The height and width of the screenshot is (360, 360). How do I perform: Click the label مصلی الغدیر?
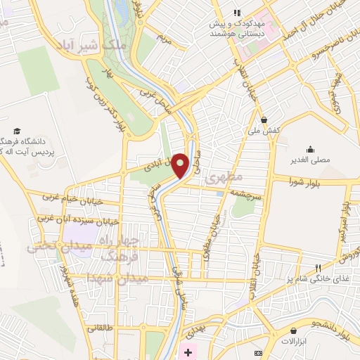pos(310,160)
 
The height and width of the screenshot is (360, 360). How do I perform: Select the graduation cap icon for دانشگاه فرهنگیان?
pos(15,131)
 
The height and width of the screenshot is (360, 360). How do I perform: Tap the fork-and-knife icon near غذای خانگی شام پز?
pos(317,268)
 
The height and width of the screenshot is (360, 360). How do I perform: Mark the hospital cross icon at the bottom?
pos(187,352)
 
